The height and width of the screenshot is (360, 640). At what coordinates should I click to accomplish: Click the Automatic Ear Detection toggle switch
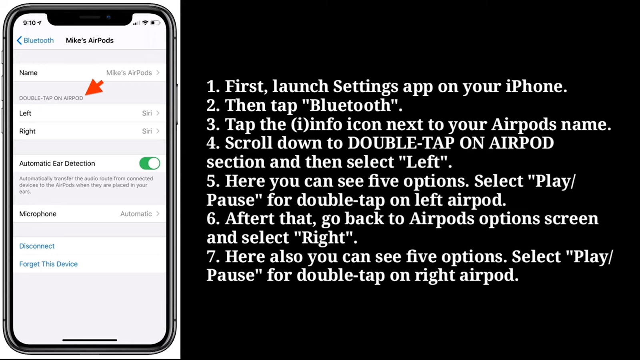(150, 164)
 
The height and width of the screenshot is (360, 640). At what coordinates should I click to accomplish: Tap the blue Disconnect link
(37, 246)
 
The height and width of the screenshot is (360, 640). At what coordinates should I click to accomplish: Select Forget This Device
(48, 264)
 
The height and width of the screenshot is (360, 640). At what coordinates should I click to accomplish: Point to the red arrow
(94, 87)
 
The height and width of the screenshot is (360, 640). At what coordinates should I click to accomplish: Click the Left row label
(25, 113)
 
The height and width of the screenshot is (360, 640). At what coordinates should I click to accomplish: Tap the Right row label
(28, 131)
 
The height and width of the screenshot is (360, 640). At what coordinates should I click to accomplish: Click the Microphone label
(38, 214)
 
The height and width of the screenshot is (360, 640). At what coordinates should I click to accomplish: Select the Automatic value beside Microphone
(136, 214)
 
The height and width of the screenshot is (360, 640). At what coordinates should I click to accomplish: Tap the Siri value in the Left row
(147, 113)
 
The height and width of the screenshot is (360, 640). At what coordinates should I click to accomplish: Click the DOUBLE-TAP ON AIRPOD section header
(51, 98)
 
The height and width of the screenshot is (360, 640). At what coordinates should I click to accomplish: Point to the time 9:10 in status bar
(30, 23)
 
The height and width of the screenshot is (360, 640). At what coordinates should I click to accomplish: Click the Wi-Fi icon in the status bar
(146, 22)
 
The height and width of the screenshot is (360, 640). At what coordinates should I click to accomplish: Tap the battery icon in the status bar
(155, 22)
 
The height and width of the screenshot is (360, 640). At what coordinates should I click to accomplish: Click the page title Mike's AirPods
(90, 40)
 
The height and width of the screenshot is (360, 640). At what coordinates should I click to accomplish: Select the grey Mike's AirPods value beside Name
(129, 72)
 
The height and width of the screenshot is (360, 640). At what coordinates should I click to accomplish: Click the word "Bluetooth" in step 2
(350, 105)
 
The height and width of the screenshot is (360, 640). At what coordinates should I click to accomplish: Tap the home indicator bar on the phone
(90, 340)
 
